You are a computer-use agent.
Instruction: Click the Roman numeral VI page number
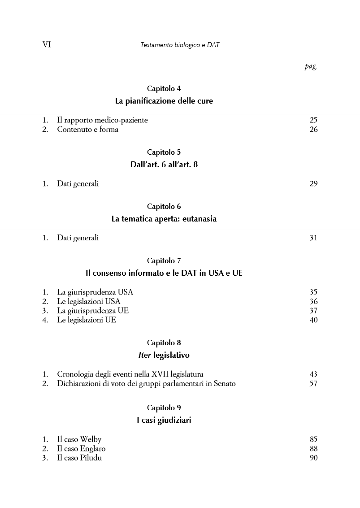click(x=46, y=45)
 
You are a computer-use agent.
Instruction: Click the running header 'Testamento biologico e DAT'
click(x=180, y=45)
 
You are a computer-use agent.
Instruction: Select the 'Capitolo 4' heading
click(x=164, y=88)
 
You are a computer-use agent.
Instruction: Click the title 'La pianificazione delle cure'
click(x=164, y=101)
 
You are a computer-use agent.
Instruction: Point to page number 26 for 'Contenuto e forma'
click(x=313, y=130)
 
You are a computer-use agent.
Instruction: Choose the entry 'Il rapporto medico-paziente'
click(x=102, y=120)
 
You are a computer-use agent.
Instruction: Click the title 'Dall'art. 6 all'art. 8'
click(x=164, y=165)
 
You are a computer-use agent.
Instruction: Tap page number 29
click(x=313, y=183)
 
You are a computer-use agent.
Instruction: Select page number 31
click(x=313, y=238)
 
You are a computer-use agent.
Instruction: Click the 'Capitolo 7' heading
click(x=164, y=261)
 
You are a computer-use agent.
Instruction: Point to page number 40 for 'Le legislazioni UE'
click(x=313, y=320)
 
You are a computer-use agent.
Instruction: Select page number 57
click(x=313, y=383)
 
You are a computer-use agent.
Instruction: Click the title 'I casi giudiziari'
click(x=164, y=421)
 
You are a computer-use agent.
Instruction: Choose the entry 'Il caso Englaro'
click(x=81, y=448)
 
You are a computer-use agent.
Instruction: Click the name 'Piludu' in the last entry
click(x=91, y=458)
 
